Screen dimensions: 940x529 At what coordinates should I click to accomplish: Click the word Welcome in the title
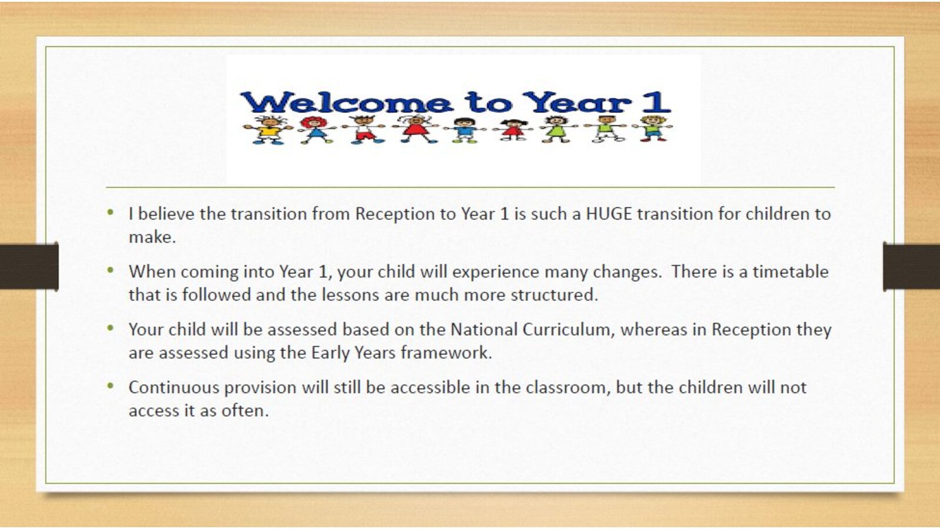[x=347, y=102]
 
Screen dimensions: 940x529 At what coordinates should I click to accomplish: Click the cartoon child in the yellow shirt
[x=268, y=130]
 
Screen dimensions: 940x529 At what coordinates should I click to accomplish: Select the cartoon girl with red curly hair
[x=315, y=130]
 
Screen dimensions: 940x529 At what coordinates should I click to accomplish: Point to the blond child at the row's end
[x=652, y=129]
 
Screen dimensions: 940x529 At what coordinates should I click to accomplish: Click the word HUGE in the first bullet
[x=609, y=214]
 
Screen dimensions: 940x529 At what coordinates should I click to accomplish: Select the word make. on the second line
[x=152, y=237]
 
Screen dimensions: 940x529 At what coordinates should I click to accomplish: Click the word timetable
[x=791, y=272]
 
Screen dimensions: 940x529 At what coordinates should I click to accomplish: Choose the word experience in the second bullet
[x=496, y=273]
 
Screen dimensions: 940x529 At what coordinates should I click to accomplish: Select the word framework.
[x=446, y=353]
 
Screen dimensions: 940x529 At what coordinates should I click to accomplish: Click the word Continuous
[x=174, y=387]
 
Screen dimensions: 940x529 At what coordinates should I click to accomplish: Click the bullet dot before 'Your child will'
[x=110, y=328]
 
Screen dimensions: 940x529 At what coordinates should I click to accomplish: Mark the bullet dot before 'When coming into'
[x=110, y=270]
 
